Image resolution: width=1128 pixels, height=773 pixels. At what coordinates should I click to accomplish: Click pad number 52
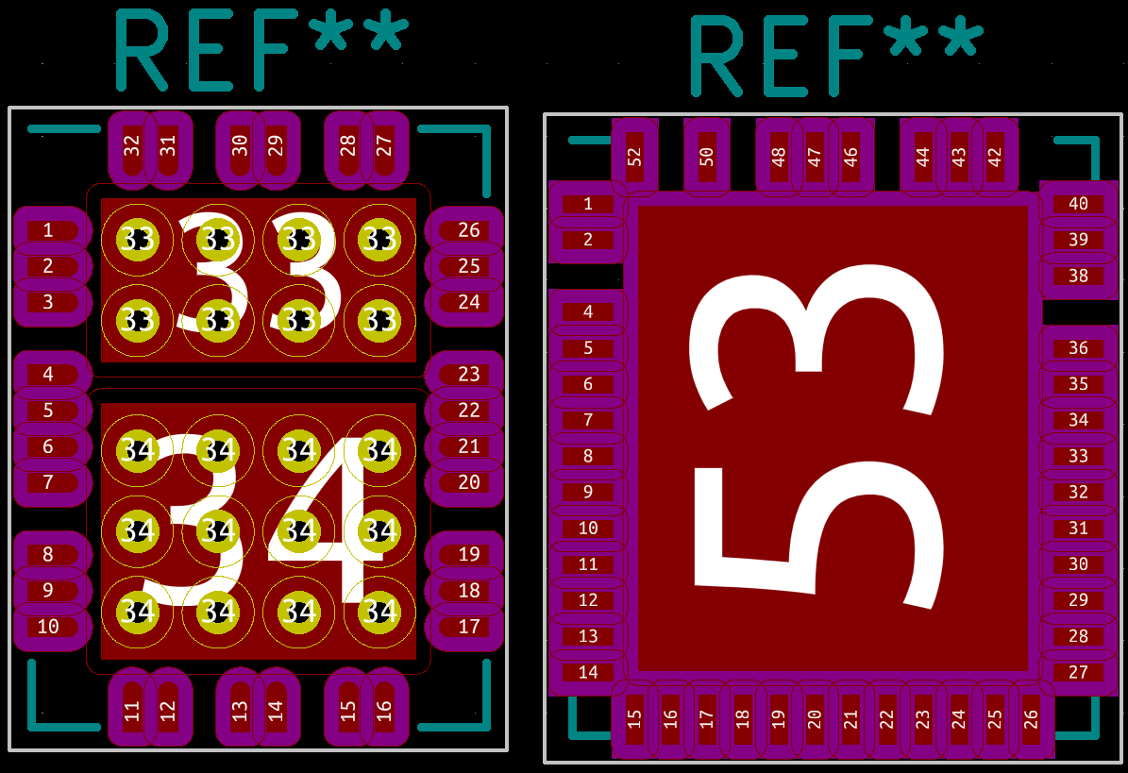pos(634,156)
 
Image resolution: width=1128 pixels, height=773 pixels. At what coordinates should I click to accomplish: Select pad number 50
pos(707,156)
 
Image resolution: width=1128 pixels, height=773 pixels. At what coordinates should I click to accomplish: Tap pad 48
pos(779,156)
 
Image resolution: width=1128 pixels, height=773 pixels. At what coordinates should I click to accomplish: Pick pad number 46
pos(850,156)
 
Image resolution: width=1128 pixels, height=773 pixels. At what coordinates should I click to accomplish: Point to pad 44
pos(923,156)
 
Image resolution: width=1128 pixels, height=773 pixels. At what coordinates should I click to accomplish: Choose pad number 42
pos(995,156)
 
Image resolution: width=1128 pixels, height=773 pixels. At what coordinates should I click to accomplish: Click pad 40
pos(1078,204)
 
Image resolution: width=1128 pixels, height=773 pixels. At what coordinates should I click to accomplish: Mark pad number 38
pos(1078,276)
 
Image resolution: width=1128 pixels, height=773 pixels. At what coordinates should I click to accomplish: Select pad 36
pos(1078,348)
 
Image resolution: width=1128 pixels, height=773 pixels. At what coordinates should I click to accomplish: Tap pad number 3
pos(48,302)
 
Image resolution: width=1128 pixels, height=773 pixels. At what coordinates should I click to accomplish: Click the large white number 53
pos(817,439)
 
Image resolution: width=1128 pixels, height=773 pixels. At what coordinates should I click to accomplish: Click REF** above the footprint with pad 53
pos(836,56)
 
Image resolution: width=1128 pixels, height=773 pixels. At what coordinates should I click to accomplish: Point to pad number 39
pos(1078,240)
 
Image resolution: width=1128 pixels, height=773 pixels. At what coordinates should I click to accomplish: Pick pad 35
pos(1078,384)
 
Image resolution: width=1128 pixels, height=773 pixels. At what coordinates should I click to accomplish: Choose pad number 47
pos(815,156)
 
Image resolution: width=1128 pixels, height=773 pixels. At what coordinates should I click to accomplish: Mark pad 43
pos(959,156)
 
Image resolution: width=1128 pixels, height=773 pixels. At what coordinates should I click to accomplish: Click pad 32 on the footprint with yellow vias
pos(131,146)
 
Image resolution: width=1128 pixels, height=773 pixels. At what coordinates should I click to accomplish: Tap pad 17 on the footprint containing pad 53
pos(707,719)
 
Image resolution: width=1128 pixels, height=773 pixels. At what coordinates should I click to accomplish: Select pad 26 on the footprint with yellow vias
pos(469,230)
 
